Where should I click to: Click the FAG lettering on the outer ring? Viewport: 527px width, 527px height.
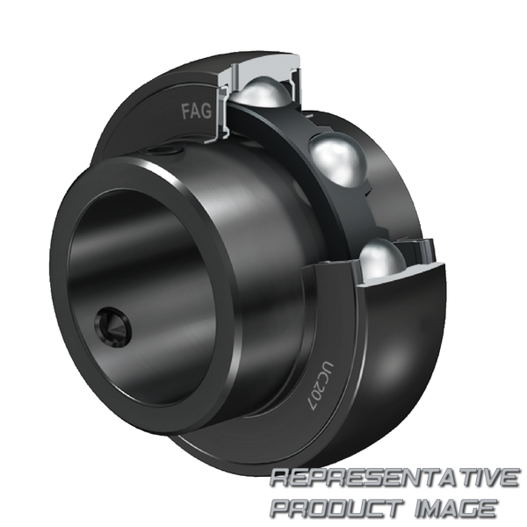click(197, 112)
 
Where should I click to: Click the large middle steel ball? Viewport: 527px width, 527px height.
click(337, 160)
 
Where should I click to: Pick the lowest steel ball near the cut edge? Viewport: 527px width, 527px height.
click(382, 259)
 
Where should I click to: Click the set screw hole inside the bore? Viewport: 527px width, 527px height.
click(113, 326)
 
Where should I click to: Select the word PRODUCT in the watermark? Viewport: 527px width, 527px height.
click(337, 509)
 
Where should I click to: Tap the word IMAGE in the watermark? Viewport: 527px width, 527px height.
click(458, 509)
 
